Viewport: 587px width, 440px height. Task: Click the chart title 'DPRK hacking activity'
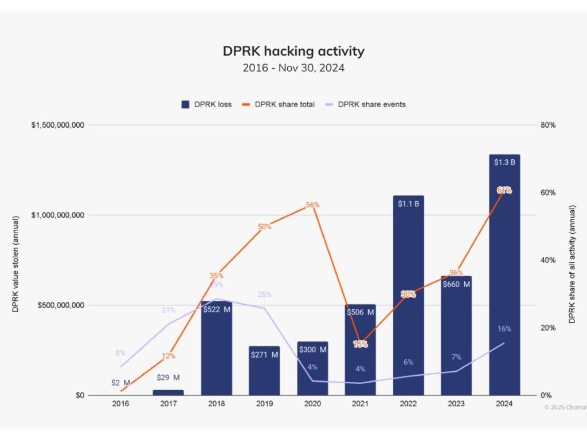(293, 51)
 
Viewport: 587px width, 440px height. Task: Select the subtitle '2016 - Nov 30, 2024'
(293, 68)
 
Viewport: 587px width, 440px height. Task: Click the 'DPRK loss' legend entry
(206, 104)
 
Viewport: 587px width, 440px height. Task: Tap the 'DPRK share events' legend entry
(365, 104)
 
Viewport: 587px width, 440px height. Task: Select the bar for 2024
(504, 275)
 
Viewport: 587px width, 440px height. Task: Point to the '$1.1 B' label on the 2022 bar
(409, 203)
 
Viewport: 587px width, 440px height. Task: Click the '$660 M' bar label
(456, 284)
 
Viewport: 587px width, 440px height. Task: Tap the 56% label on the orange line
(313, 205)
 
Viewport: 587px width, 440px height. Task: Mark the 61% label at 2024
(504, 190)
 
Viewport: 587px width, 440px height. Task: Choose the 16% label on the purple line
(504, 329)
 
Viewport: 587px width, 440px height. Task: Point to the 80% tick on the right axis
(548, 125)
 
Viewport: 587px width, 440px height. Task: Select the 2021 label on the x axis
(361, 403)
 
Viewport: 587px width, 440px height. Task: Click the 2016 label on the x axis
(120, 403)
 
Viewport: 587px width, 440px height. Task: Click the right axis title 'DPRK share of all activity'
(572, 264)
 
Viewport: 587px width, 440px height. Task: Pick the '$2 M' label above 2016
(120, 383)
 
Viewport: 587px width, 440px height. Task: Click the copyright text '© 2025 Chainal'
(565, 407)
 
